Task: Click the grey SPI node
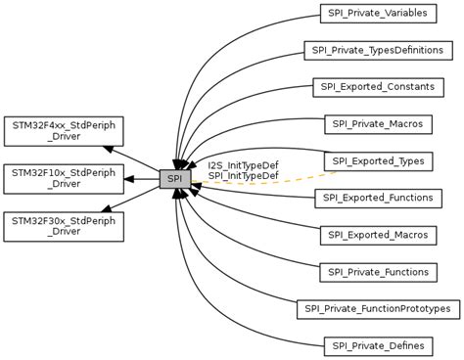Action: tap(173, 179)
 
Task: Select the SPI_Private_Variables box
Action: tap(377, 14)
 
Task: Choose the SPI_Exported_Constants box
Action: tap(377, 87)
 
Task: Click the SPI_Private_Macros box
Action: tap(377, 124)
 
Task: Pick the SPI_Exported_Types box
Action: tap(377, 160)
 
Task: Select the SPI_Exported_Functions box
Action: tap(377, 199)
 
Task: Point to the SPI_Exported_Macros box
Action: tap(377, 235)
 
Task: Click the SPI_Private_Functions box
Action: tap(377, 272)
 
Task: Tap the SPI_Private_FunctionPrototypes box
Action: tap(377, 309)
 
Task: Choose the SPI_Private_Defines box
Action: tap(377, 345)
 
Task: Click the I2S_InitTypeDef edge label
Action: tap(242, 165)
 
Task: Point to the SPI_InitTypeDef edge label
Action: tap(242, 176)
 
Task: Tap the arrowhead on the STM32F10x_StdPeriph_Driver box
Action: tap(126, 179)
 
